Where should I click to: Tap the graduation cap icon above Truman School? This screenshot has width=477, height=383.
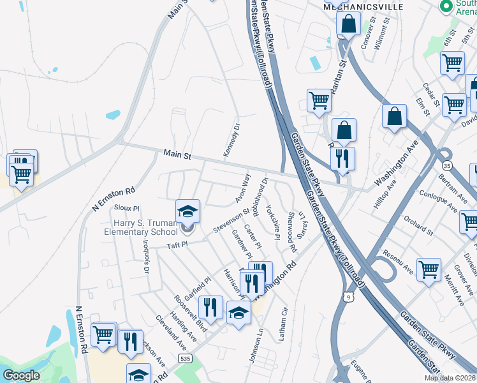pyautogui.click(x=188, y=211)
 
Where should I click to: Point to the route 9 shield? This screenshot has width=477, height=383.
pyautogui.click(x=347, y=296)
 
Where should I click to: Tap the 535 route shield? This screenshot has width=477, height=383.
pyautogui.click(x=186, y=359)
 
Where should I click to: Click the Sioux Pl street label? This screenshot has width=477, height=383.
pyautogui.click(x=127, y=208)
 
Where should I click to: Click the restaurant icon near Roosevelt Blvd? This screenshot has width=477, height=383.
pyautogui.click(x=210, y=308)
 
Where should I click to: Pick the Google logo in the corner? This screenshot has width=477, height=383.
pyautogui.click(x=21, y=376)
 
